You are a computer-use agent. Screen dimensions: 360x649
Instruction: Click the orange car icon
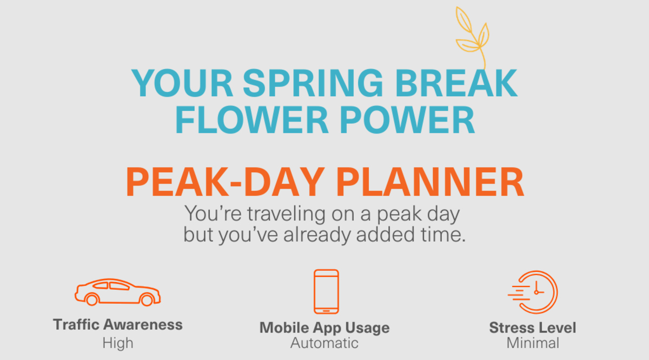(117, 292)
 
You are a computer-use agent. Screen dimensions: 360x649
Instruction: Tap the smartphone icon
(326, 291)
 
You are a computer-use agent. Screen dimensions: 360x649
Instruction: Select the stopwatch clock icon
(534, 292)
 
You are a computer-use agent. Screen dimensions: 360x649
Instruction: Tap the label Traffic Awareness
(117, 325)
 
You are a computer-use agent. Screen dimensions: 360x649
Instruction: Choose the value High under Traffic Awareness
(117, 343)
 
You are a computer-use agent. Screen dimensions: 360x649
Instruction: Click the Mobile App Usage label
(325, 328)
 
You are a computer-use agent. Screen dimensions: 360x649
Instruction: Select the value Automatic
(325, 343)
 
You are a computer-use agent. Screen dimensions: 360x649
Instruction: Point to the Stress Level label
(533, 328)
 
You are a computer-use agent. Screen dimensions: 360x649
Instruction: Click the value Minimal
(533, 343)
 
